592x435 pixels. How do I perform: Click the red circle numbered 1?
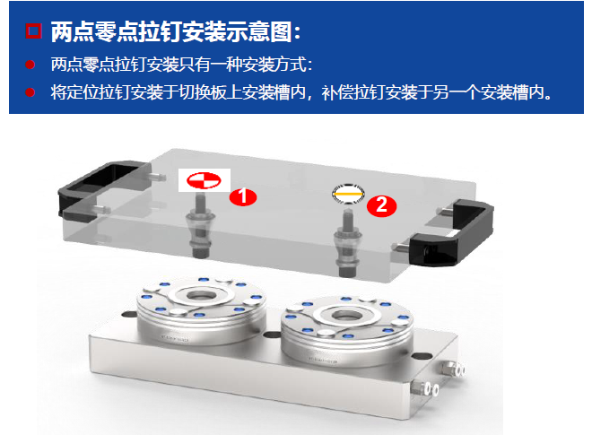coord(243,196)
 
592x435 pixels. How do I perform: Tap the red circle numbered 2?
coord(382,205)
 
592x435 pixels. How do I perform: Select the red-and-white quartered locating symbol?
coord(204,180)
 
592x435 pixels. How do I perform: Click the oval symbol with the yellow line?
coord(348,194)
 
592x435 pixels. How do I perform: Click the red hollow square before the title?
coord(33,30)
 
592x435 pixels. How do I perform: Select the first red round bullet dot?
coord(30,65)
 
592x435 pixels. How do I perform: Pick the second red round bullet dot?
coord(30,92)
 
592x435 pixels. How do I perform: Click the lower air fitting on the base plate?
coord(425,387)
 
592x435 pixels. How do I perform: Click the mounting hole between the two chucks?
coord(271,335)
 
